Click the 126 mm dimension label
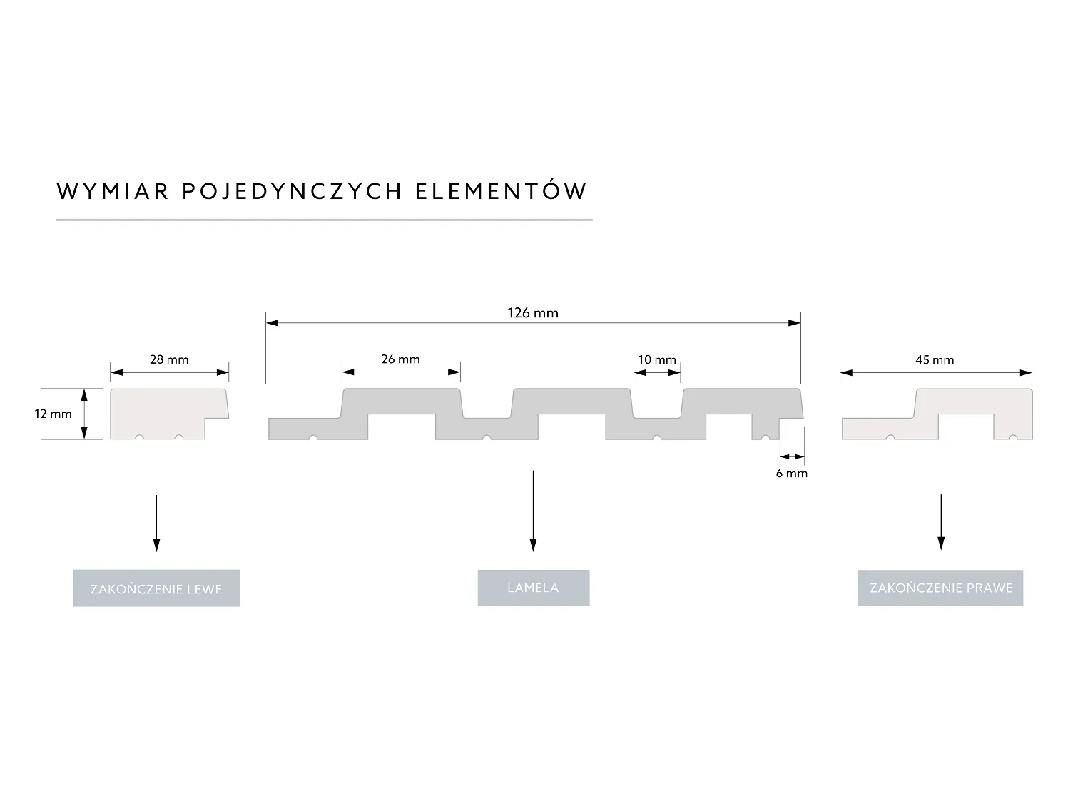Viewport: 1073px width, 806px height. coord(533,312)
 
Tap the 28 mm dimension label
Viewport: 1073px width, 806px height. coord(169,359)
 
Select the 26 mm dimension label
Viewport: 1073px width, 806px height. coord(400,359)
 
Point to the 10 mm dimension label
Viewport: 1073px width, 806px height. coord(657,359)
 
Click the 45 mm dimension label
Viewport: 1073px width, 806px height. coord(935,359)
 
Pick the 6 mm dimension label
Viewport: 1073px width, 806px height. coord(792,473)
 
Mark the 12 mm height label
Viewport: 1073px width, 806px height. coord(53,414)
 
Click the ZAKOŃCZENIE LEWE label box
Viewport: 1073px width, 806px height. coord(156,588)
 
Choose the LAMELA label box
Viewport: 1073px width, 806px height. coord(533,588)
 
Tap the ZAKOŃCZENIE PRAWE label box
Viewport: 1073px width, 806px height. coord(940,588)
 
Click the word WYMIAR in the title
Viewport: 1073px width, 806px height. coord(113,191)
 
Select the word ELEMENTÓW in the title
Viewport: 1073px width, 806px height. coord(501,191)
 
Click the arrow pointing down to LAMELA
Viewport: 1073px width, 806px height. coord(533,511)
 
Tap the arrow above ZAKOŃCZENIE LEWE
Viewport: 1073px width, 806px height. coord(156,523)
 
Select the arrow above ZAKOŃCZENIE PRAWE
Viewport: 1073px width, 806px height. coord(940,522)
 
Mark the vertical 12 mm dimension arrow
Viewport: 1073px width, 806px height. coord(84,414)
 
